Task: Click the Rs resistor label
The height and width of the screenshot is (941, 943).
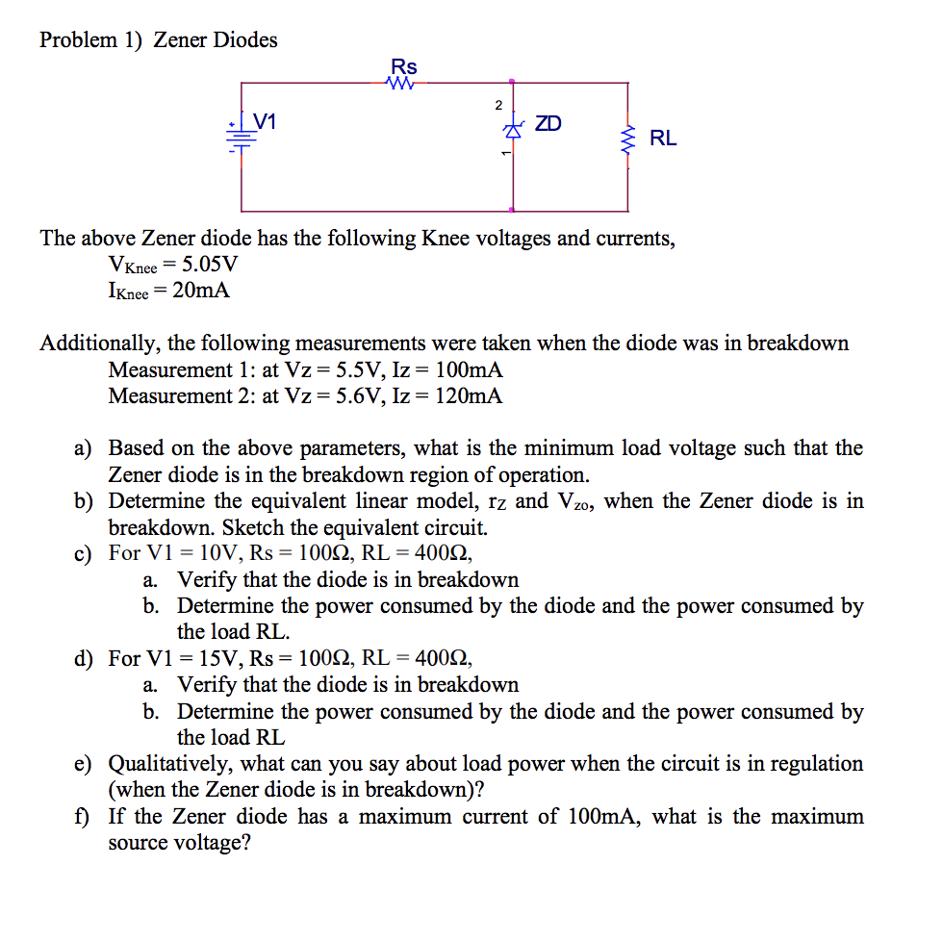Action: click(x=404, y=66)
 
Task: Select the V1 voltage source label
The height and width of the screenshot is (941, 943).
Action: click(x=265, y=122)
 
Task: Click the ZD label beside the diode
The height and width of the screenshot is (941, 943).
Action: click(x=548, y=124)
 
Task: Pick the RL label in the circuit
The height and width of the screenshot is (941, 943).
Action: click(x=663, y=139)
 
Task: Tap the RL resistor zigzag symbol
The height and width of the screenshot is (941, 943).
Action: click(x=628, y=142)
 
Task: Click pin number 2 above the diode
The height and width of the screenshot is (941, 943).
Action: click(x=497, y=104)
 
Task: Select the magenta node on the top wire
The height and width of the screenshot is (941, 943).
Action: click(x=513, y=83)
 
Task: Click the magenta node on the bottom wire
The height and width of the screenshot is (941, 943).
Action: click(x=513, y=210)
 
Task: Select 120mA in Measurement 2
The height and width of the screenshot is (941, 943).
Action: click(x=469, y=395)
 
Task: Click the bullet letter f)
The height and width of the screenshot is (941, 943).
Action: click(x=84, y=817)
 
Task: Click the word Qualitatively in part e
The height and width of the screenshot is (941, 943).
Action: click(x=169, y=764)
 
